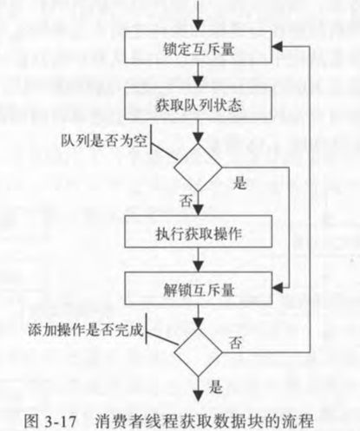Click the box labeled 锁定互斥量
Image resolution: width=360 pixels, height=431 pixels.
198,47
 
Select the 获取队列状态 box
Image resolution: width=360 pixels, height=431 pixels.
198,103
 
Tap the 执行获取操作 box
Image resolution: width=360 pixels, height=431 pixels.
198,232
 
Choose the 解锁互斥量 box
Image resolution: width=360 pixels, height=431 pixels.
198,288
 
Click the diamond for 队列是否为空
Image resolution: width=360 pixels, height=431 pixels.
198,167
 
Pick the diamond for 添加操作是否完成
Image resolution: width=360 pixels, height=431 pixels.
198,353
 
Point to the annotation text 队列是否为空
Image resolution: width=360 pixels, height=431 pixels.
104,141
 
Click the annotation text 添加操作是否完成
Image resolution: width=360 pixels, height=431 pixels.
86,330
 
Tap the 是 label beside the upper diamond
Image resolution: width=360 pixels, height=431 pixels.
240,183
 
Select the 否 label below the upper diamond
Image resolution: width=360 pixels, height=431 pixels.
186,200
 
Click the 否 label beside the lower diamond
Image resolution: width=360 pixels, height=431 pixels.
235,343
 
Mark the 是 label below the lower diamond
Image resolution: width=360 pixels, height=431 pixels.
215,387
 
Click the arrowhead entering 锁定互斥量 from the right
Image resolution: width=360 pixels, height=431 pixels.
278,47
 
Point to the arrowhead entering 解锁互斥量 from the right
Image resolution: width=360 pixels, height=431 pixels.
278,288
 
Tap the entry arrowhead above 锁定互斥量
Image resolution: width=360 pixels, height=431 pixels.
198,25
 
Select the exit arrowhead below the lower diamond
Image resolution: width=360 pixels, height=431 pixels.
198,395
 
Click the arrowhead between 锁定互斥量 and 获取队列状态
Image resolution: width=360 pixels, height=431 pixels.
198,82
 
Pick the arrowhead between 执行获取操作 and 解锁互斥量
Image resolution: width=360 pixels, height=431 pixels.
198,266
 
